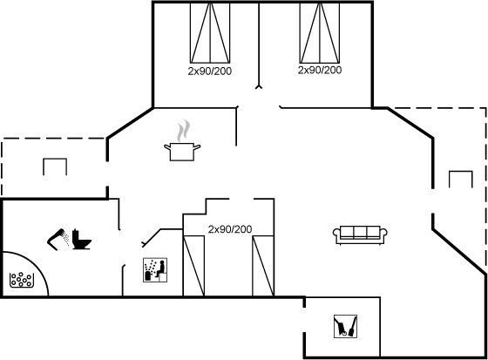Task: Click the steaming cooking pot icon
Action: (182, 142)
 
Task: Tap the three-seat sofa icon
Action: (360, 235)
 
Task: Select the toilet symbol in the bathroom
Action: (82, 239)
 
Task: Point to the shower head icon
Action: (58, 239)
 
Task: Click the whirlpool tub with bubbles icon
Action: (22, 280)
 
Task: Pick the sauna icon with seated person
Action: (155, 270)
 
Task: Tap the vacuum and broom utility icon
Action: (345, 326)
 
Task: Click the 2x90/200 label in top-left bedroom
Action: (210, 71)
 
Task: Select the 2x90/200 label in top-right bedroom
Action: (320, 70)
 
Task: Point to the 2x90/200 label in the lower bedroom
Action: (230, 229)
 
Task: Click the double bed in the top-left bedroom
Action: (210, 33)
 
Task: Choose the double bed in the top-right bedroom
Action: (320, 33)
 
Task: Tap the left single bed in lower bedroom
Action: (193, 266)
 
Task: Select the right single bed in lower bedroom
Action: (263, 266)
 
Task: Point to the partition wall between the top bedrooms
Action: (259, 45)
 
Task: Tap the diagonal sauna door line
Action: (152, 237)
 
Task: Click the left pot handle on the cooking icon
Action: (167, 146)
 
